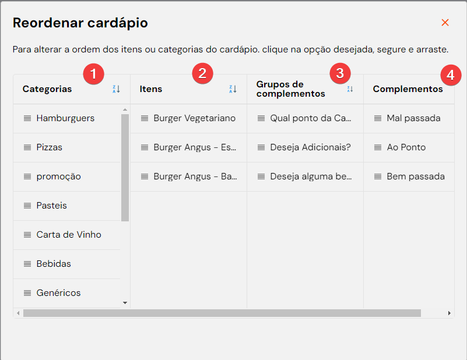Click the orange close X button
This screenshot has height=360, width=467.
coord(445,22)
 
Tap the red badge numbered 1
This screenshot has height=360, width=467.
coord(93,73)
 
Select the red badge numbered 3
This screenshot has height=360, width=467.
coord(340,73)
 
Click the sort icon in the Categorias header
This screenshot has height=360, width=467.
coord(116,89)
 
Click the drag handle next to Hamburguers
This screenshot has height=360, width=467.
coord(27,118)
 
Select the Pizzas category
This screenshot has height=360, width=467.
coord(49,147)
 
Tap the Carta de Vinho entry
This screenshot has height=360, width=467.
coord(69,235)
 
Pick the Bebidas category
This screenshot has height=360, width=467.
coord(54,264)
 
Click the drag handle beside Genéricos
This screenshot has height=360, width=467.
coord(27,293)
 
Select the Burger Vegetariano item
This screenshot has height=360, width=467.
coord(195,118)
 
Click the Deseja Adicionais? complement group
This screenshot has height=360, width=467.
coord(310,147)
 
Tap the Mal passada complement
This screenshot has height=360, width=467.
coord(413,118)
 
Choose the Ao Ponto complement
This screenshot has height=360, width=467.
coord(406,147)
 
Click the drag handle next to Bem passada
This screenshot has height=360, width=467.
coord(378,177)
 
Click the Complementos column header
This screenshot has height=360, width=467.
coord(408,89)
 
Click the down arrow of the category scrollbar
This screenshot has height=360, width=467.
coord(125,303)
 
